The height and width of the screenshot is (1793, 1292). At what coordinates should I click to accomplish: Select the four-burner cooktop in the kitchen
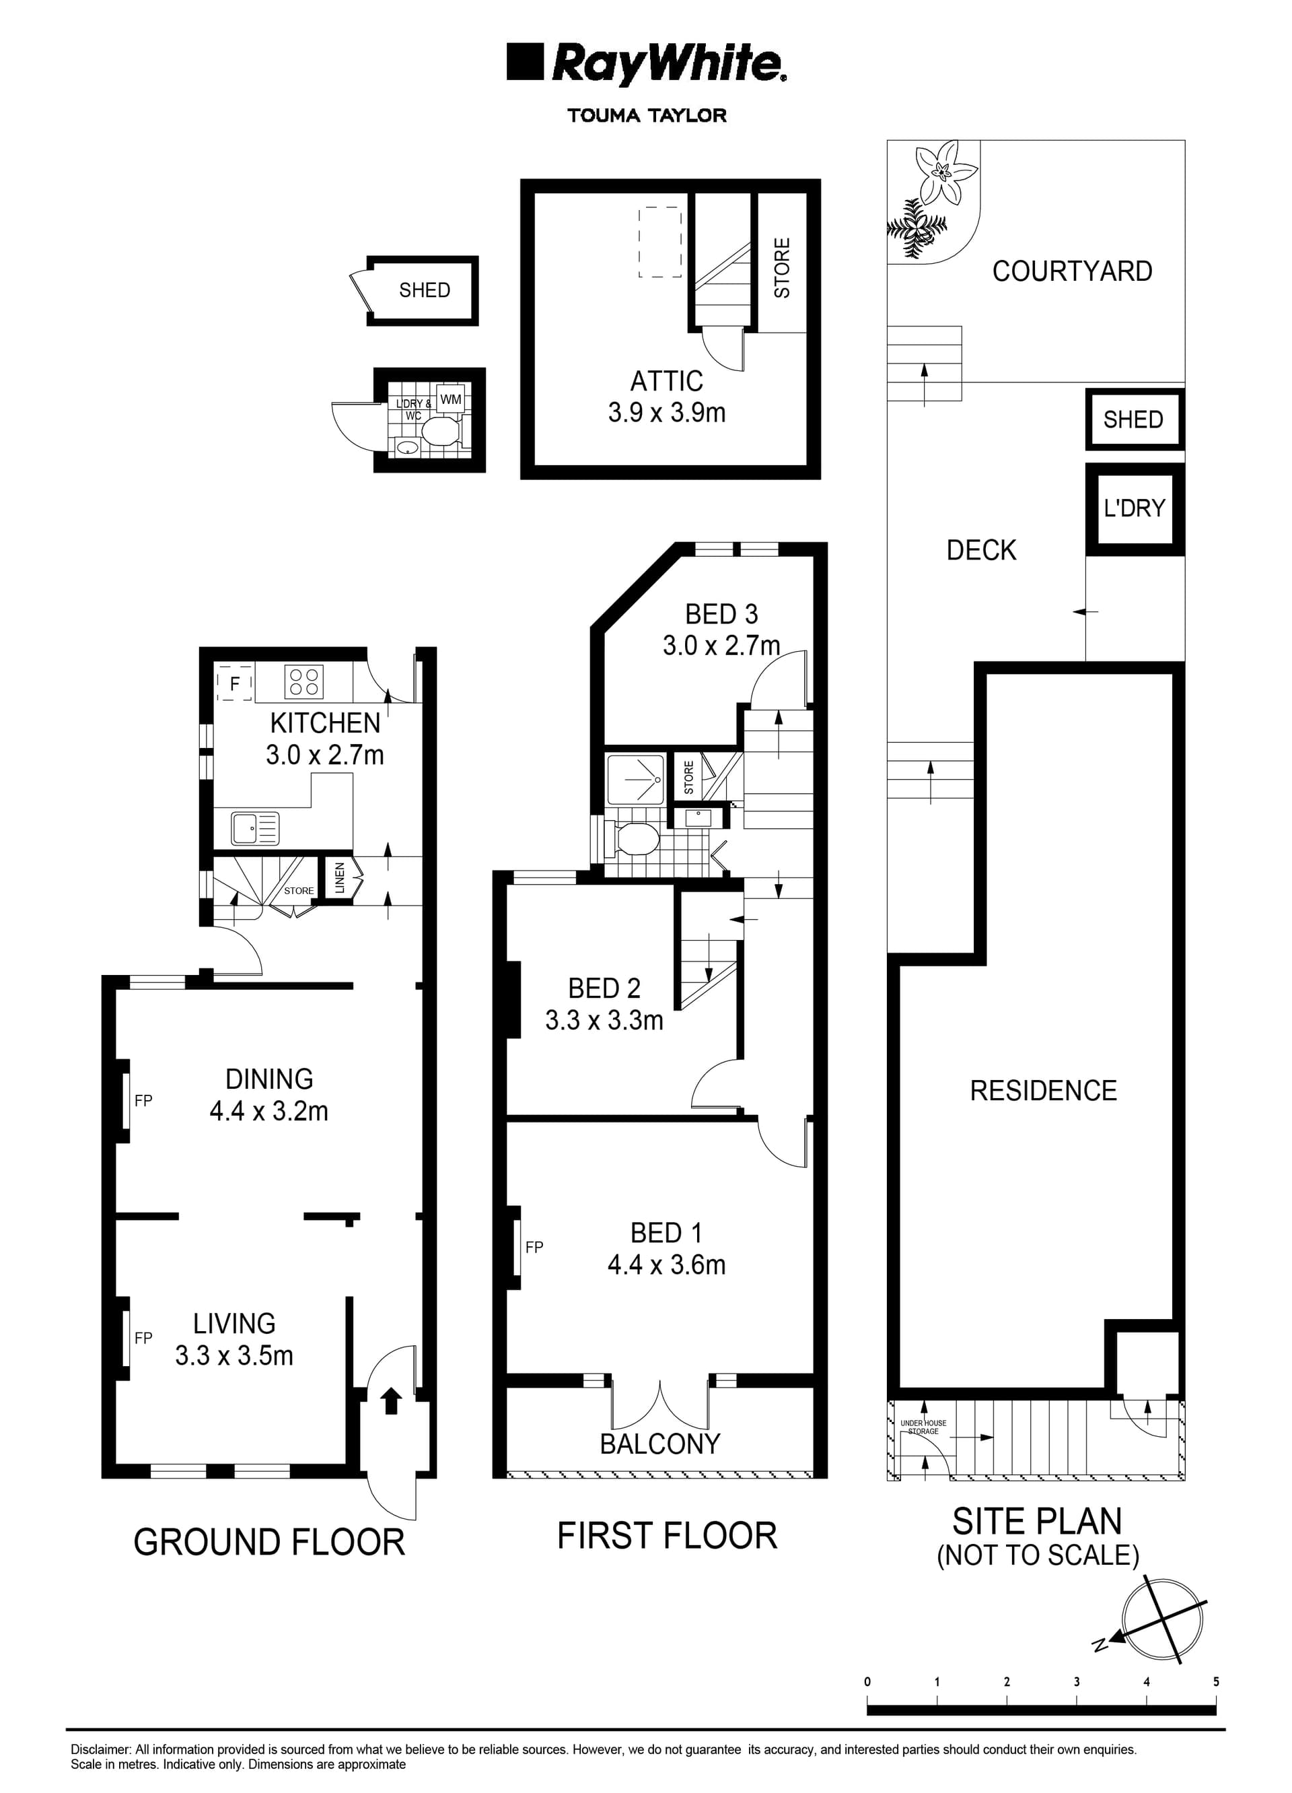[303, 682]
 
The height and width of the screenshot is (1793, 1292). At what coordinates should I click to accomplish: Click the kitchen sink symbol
[254, 827]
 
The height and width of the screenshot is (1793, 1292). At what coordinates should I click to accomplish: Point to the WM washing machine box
[450, 399]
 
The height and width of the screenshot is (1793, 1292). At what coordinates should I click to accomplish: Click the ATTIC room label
[666, 381]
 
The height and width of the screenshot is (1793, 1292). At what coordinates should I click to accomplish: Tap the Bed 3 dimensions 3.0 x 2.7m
[721, 646]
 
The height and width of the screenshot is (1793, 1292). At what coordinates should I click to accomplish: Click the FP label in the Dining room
[143, 1100]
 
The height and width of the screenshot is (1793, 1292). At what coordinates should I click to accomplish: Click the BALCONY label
[660, 1444]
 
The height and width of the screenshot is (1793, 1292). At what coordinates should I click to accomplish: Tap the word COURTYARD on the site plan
[1071, 271]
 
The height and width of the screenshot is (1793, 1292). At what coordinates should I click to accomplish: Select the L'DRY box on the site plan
[1135, 508]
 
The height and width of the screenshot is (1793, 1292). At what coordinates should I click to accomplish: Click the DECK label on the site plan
[981, 550]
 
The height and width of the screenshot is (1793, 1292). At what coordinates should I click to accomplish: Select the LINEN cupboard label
[340, 877]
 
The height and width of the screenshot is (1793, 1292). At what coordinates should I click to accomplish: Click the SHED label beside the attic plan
[425, 290]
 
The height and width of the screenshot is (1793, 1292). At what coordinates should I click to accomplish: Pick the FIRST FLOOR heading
[667, 1535]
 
